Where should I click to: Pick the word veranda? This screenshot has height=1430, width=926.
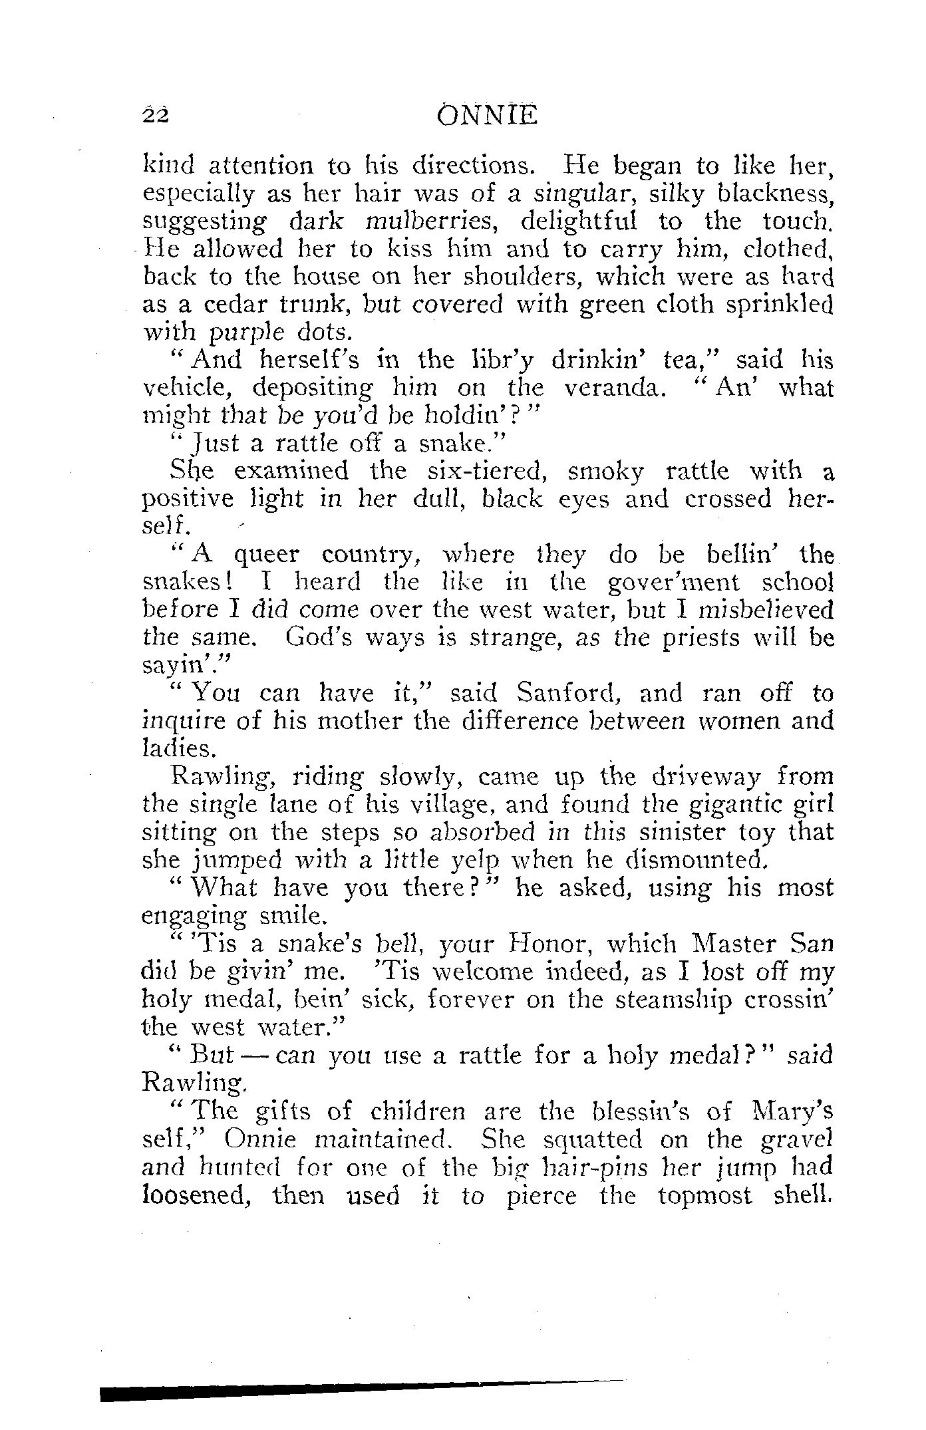pos(613,388)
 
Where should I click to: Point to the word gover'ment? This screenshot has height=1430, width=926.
pos(674,583)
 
